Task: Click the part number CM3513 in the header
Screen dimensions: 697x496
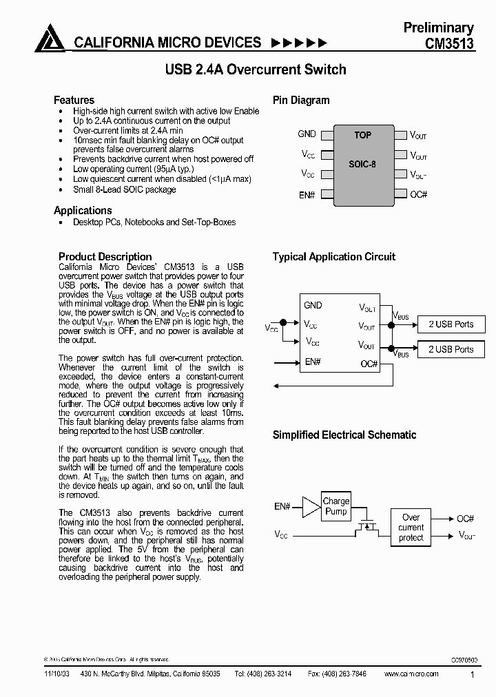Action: (448, 43)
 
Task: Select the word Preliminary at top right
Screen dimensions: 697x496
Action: (438, 28)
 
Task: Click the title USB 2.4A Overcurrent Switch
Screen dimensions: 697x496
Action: (255, 70)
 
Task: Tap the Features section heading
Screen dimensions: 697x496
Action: (74, 100)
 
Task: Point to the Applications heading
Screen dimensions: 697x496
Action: (83, 210)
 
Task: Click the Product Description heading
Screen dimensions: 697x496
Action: (105, 256)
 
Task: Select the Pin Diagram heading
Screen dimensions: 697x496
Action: (301, 100)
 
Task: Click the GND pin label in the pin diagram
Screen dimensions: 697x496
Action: (307, 134)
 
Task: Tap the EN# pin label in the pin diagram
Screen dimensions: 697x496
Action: (307, 195)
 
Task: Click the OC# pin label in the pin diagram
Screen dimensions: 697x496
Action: (419, 195)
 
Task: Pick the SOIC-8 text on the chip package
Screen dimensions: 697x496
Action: (362, 165)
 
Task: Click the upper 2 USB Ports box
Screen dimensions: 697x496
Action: (451, 324)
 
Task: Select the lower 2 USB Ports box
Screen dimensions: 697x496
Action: (451, 349)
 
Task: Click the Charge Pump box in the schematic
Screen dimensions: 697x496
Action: (336, 506)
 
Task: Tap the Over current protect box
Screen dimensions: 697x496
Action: (411, 527)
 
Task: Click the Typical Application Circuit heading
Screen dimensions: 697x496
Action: (334, 257)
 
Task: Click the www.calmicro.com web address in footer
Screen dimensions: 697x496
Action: (411, 674)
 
